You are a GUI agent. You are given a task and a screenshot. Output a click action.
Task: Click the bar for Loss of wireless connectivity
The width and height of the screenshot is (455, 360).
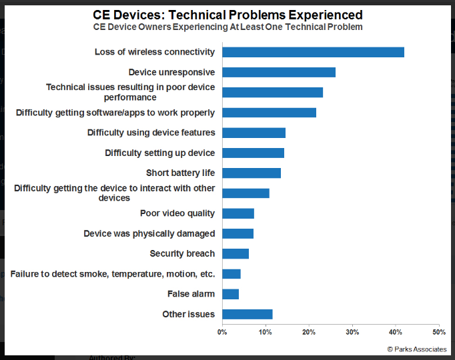(313, 52)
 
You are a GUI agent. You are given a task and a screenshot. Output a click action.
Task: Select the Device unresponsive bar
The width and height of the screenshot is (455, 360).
(279, 72)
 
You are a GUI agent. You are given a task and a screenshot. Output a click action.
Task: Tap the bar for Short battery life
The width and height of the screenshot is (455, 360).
(252, 173)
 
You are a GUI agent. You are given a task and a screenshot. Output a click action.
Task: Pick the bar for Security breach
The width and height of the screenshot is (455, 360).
(236, 253)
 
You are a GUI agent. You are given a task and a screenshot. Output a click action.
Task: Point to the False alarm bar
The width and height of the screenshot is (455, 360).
(230, 294)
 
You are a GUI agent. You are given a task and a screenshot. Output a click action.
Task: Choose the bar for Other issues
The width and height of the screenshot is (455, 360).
(248, 314)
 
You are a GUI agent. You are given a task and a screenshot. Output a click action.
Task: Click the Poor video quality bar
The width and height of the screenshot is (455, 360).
(238, 213)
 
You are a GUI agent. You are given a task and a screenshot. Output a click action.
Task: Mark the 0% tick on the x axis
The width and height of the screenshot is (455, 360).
(222, 331)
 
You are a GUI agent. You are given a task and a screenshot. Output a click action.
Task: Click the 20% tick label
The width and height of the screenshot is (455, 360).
(309, 331)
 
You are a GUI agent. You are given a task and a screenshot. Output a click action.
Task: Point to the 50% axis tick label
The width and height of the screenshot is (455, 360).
(439, 331)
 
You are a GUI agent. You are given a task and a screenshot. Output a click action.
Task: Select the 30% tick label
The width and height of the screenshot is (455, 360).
(352, 331)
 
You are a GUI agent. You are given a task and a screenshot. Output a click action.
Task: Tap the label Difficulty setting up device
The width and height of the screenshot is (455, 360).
(159, 153)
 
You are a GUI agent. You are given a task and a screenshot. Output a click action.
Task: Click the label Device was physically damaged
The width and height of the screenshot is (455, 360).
(149, 234)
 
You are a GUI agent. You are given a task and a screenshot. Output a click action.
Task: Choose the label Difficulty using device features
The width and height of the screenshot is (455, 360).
(151, 133)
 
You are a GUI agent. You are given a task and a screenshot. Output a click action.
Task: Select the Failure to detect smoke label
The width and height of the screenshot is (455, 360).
(113, 274)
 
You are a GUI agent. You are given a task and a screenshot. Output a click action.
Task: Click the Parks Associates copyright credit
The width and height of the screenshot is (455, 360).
(417, 349)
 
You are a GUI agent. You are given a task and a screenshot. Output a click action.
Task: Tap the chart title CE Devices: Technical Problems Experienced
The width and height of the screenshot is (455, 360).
(227, 15)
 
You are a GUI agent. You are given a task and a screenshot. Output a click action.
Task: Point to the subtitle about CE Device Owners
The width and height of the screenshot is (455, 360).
(227, 27)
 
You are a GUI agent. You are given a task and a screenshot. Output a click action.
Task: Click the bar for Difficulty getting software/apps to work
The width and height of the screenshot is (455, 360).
(269, 113)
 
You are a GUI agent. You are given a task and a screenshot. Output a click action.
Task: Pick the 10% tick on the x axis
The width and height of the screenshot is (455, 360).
(266, 331)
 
